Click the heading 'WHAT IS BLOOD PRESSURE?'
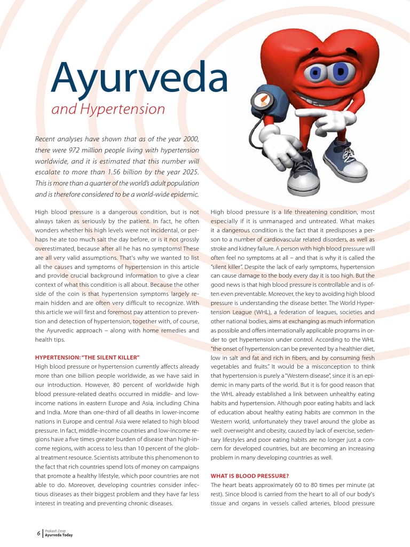click(250, 475)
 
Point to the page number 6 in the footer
click(38, 533)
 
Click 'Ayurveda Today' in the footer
click(59, 535)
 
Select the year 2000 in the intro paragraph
click(189, 139)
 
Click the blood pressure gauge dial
click(259, 100)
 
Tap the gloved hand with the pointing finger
click(332, 120)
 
